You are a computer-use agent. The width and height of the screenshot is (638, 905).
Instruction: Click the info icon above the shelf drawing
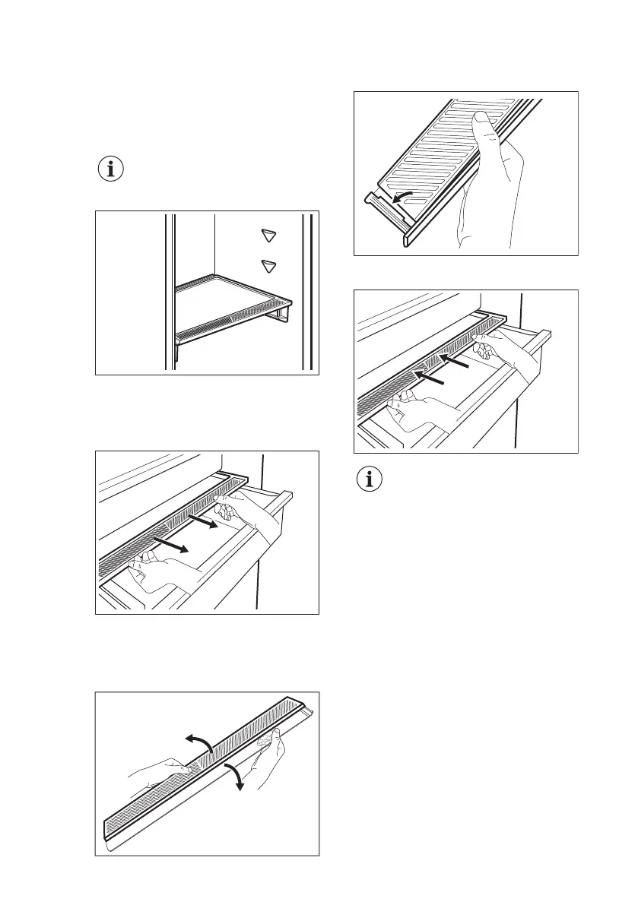point(111,170)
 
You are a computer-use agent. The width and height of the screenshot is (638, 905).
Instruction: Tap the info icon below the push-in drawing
point(371,480)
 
